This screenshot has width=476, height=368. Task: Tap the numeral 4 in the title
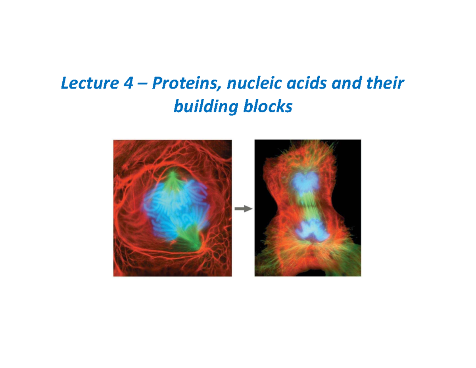pos(123,84)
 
